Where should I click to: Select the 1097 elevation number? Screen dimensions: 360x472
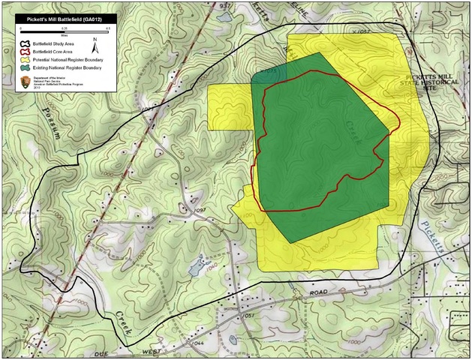click(x=199, y=211)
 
